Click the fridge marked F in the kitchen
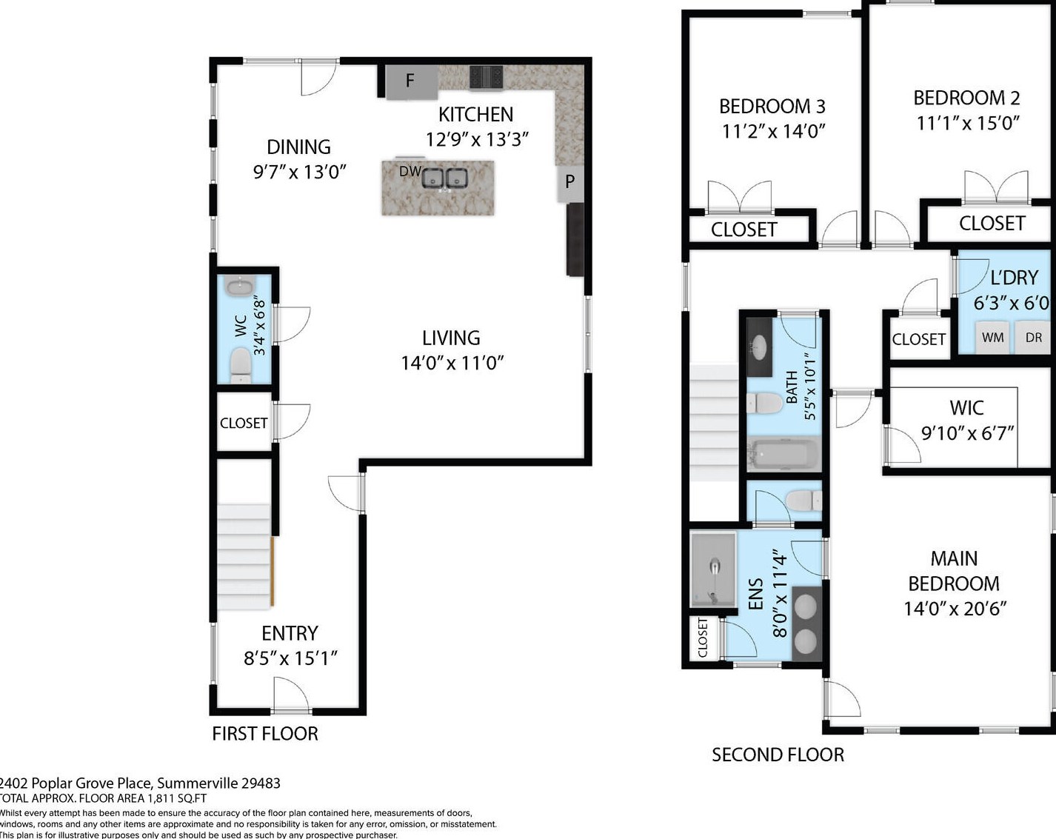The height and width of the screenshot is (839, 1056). [411, 82]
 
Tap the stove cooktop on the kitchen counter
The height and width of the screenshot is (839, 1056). [487, 78]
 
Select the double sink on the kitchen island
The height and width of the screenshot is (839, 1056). [445, 178]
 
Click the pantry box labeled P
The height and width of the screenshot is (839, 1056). [569, 184]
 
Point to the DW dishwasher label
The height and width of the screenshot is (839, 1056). [410, 171]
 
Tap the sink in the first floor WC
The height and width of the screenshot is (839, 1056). [240, 287]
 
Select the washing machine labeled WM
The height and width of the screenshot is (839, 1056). [992, 337]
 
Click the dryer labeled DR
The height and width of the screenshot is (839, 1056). [1034, 337]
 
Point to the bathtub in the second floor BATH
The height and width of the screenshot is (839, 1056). [783, 454]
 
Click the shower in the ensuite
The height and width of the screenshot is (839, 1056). [713, 571]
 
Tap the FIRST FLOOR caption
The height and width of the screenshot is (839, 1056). [265, 734]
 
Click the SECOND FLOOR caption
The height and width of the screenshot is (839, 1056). [778, 755]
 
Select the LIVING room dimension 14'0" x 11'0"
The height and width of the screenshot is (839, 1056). [452, 363]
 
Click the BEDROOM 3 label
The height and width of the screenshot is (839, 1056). [772, 106]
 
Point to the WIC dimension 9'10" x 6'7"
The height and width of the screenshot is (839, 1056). [967, 433]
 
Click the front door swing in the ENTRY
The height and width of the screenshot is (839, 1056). [290, 694]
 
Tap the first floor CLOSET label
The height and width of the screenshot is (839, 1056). [244, 423]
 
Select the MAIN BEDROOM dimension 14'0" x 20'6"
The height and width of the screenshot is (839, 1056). [955, 609]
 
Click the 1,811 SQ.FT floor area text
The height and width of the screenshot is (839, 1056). [177, 798]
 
